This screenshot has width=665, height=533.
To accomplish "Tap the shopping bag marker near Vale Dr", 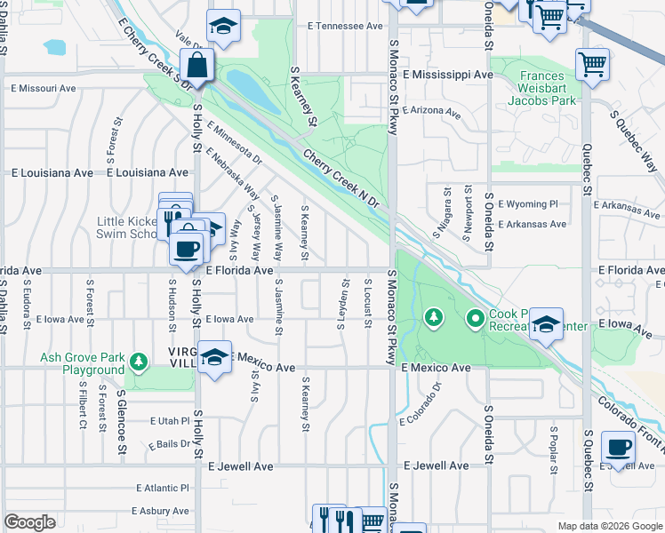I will [x=196, y=66].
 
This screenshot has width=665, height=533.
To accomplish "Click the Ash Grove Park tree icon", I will [x=137, y=362].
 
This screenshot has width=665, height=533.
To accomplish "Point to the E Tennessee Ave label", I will [x=345, y=27].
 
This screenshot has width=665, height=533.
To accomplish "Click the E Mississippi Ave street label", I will [x=446, y=76].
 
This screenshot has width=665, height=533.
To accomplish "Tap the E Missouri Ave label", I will [x=44, y=88].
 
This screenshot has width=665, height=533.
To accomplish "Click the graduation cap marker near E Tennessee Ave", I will [x=223, y=27].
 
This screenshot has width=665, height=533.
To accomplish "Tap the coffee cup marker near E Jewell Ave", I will [x=617, y=448].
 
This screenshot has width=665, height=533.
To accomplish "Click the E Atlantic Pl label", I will [x=164, y=488].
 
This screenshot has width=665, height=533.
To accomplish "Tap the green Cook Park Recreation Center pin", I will [x=476, y=317].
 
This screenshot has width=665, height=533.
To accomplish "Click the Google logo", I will [x=29, y=522].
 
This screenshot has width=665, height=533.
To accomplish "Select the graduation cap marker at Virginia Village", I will [x=214, y=358].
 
